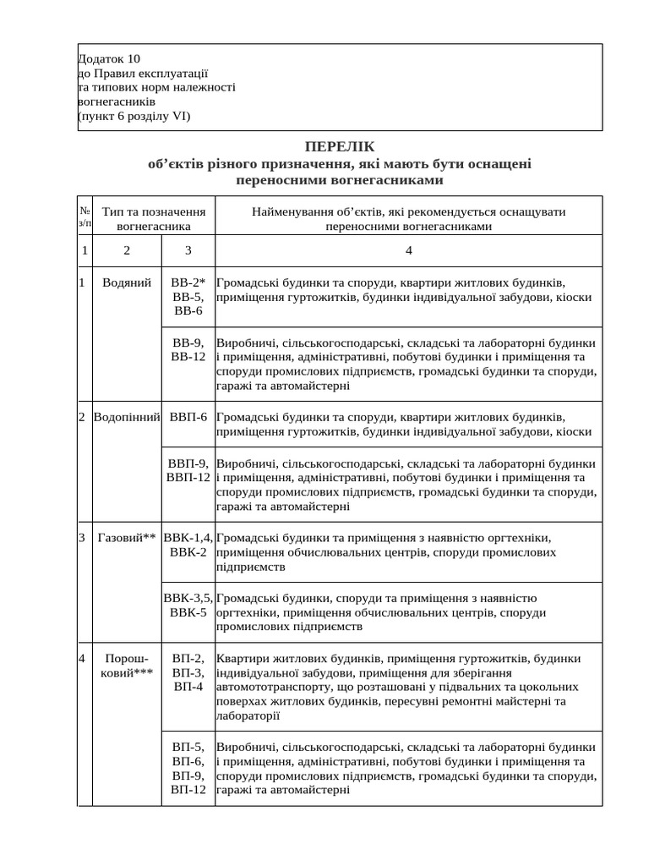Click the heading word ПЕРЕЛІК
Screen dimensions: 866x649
[x=338, y=147]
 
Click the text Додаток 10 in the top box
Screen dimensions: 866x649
[x=109, y=59]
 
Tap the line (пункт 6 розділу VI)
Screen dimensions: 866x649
[x=134, y=117]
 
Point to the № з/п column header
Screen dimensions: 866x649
[x=85, y=216]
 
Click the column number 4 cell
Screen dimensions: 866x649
[x=408, y=250]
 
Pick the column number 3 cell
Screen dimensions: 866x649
[x=188, y=250]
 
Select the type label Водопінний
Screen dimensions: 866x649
[x=127, y=417]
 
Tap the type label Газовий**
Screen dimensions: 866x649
[x=127, y=537]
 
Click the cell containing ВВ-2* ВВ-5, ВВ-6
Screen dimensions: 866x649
[x=188, y=296]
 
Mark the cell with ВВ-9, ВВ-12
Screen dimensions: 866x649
[x=188, y=350]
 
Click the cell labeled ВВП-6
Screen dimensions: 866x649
[x=188, y=417]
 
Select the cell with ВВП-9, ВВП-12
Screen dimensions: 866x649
[x=188, y=470]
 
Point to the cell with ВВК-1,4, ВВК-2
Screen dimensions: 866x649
[x=188, y=545]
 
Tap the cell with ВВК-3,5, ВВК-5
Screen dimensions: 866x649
[x=188, y=605]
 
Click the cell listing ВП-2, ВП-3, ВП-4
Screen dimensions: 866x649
[x=188, y=672]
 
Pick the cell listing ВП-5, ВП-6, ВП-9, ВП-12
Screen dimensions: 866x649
[x=188, y=768]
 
